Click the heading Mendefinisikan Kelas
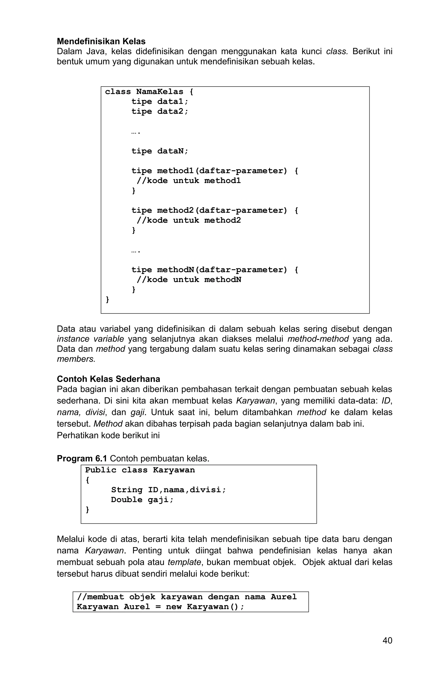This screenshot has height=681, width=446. click(101, 42)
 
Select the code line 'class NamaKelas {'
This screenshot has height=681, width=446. click(149, 92)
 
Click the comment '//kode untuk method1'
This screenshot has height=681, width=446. click(189, 181)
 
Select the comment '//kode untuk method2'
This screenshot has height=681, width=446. click(189, 220)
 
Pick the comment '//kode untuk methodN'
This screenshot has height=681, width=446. click(189, 280)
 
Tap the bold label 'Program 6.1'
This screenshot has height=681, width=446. click(82, 459)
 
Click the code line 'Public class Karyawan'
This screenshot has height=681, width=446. click(140, 470)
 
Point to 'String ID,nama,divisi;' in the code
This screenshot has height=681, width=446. click(168, 490)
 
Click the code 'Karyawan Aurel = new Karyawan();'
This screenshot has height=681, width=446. click(160, 607)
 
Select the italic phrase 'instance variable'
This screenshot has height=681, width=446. click(90, 339)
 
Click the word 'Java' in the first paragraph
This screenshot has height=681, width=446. click(90, 52)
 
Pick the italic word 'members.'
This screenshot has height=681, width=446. click(76, 359)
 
